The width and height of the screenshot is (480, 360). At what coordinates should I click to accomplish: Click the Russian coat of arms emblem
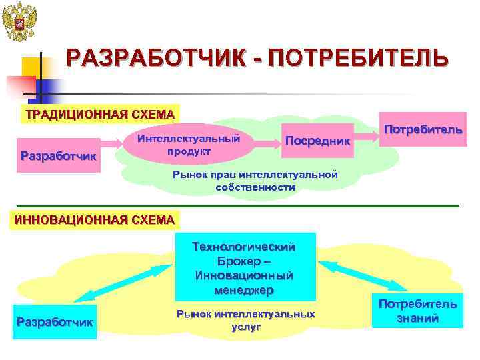19,22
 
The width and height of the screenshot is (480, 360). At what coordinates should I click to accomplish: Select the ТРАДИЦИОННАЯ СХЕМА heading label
99,114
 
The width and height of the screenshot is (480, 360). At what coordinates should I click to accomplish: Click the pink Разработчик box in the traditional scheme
59,155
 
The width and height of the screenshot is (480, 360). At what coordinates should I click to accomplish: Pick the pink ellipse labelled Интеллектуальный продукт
189,146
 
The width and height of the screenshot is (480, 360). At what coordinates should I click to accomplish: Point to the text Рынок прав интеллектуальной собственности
255,181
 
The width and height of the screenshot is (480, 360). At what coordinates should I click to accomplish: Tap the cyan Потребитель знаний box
418,311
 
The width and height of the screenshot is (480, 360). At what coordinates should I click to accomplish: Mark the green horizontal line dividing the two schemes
240,205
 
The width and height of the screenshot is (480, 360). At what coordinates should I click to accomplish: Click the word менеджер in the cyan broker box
245,290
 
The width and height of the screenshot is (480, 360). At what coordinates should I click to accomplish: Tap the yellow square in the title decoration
31,67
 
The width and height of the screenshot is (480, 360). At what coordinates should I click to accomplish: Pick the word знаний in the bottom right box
418,318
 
